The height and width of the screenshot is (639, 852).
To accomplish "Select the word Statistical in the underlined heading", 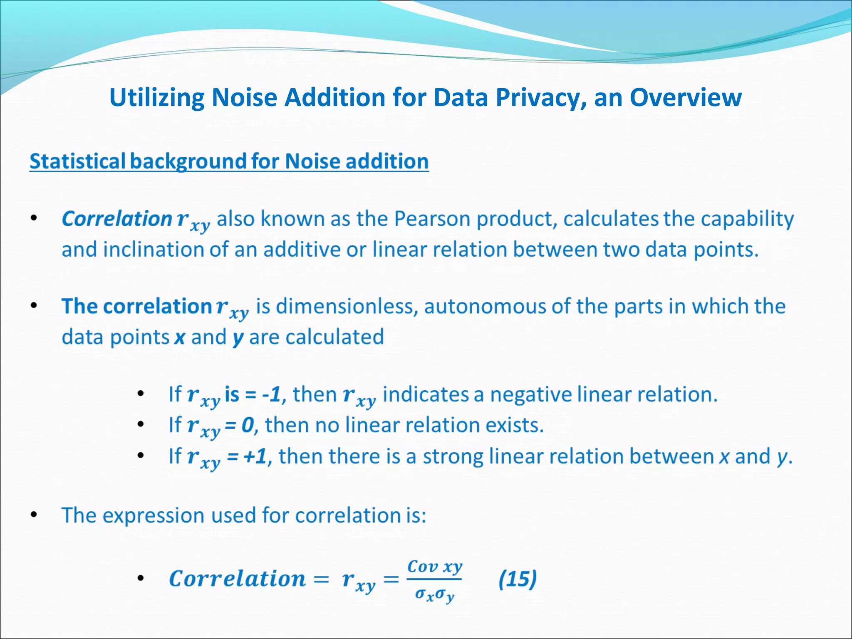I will (x=77, y=161).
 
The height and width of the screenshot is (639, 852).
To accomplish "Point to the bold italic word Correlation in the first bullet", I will (x=116, y=219).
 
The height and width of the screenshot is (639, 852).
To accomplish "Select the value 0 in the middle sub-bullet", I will (x=248, y=425).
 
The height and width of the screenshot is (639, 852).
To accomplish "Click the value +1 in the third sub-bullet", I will (x=255, y=456).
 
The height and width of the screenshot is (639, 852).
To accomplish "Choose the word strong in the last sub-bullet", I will (x=453, y=456).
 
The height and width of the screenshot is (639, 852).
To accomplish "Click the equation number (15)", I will (x=518, y=579).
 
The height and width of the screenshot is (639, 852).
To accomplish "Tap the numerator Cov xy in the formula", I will (x=434, y=567).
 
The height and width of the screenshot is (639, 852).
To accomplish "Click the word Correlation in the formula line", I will (x=237, y=579).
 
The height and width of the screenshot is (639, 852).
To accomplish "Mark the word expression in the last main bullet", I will (x=154, y=516).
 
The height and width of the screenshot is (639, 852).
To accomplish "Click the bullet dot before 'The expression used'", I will (x=34, y=515).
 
